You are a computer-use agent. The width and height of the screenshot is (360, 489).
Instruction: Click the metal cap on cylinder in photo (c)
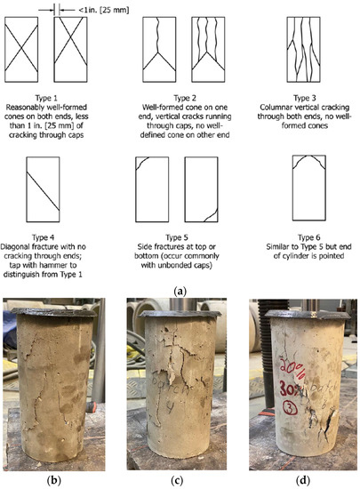coord(180,313)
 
